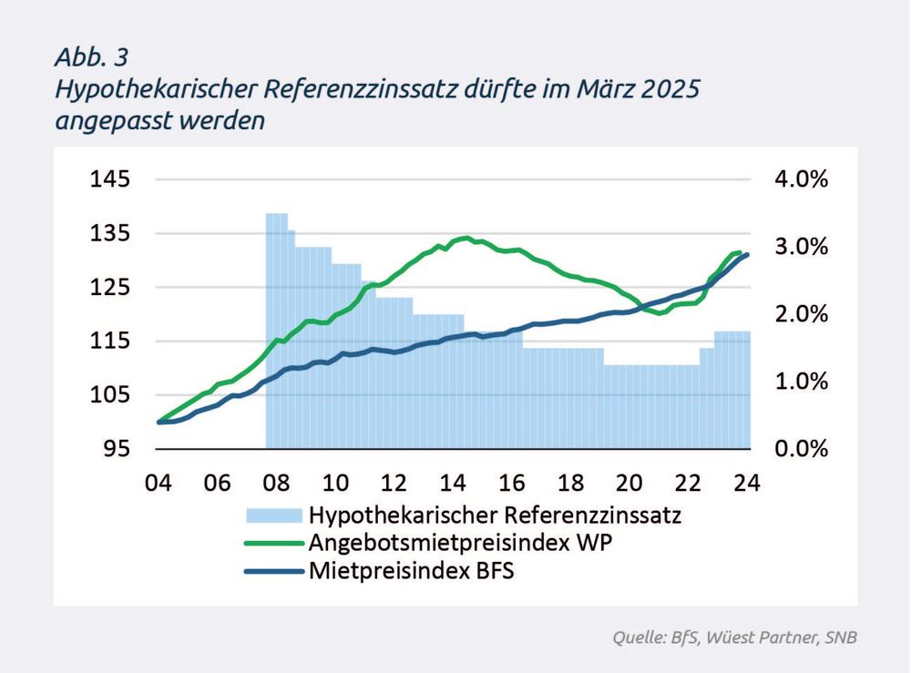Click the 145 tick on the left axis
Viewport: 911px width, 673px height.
tap(109, 179)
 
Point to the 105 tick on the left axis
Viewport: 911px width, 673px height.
tap(109, 395)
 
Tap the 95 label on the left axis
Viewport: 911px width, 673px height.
tap(116, 449)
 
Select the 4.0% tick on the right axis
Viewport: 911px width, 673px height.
tap(801, 179)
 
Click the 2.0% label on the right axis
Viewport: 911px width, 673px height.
tap(801, 314)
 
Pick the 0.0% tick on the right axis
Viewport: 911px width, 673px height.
tap(801, 449)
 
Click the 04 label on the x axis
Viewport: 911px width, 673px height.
tap(159, 482)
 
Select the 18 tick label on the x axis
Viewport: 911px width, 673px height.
tap(571, 482)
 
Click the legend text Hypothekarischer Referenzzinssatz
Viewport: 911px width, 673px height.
tap(496, 515)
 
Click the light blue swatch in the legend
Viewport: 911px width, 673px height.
tap(273, 515)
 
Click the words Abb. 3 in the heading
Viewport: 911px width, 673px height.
tap(91, 57)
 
